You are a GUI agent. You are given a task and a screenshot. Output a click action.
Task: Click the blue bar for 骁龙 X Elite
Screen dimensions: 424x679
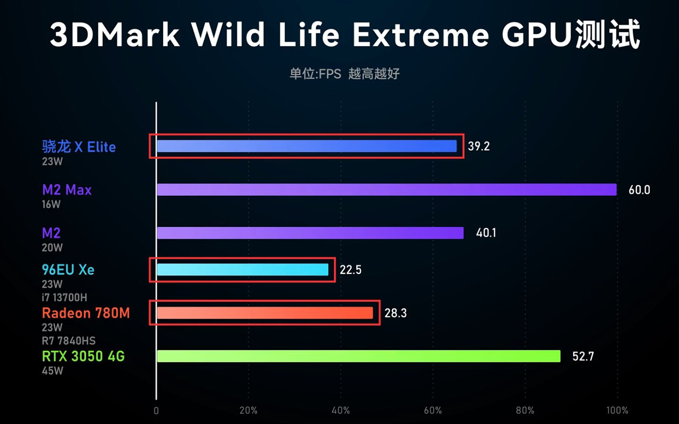point(307,146)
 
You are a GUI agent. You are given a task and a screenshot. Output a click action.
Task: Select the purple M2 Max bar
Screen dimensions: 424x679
point(387,189)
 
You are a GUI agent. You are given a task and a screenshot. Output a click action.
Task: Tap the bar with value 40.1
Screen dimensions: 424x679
point(310,233)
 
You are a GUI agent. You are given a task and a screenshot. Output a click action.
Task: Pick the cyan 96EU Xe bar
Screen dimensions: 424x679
point(242,269)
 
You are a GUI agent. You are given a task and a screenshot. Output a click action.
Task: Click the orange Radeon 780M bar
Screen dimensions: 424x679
point(265,313)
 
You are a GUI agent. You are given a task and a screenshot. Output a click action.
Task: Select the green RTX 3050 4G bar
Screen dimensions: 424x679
point(358,356)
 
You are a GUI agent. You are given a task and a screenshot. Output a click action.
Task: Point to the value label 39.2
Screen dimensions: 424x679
point(479,146)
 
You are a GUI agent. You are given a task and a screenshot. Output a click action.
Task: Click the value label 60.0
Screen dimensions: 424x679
point(639,190)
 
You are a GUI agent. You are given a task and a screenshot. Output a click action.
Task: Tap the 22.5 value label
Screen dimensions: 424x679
point(350,270)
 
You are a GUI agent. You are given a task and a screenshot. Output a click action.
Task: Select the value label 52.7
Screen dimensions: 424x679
point(583,357)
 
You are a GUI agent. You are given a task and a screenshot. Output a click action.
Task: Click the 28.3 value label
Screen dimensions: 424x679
point(395,314)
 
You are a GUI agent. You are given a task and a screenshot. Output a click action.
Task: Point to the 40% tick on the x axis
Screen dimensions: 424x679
point(340,410)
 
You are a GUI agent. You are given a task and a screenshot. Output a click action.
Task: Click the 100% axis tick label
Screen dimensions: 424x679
point(617,410)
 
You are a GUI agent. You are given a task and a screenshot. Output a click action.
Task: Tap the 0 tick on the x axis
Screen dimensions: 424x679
point(156,411)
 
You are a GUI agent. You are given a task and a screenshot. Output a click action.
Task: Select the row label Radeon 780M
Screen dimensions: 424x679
point(86,313)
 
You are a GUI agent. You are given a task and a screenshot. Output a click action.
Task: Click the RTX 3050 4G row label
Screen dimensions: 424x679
point(83,356)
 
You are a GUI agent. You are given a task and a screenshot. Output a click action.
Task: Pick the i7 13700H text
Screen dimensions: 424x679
point(65,297)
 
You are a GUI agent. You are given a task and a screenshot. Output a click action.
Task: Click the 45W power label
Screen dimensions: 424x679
point(52,371)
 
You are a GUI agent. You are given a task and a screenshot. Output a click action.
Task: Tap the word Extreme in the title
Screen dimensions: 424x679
point(420,35)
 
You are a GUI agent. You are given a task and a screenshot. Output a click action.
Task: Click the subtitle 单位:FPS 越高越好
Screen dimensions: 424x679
point(344,74)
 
